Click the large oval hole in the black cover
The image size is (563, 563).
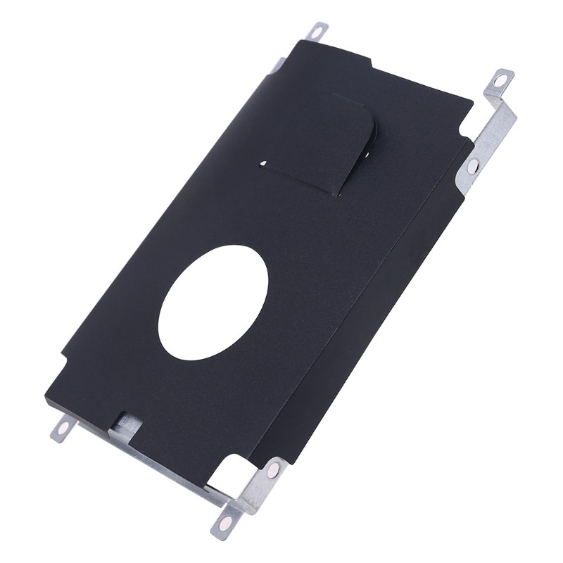pos(213,303)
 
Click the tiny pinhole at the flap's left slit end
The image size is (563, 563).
pos(263,164)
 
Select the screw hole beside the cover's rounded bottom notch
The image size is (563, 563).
pos(273,470)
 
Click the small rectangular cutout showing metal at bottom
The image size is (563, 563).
pos(127,422)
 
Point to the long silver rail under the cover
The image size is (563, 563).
pos(162,461)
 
